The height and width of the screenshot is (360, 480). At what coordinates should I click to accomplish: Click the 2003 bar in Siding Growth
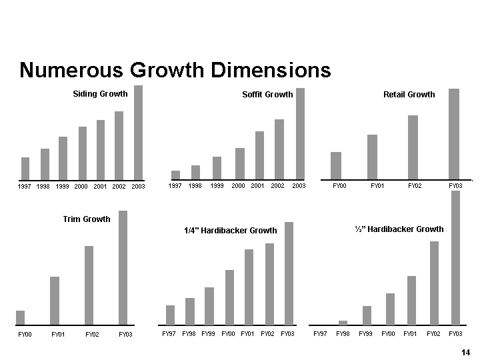(x=138, y=132)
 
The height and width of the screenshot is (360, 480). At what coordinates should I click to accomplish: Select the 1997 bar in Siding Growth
(x=25, y=168)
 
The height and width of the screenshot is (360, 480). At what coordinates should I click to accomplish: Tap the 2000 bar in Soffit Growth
(x=240, y=163)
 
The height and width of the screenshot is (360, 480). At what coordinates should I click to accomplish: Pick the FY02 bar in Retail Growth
(x=413, y=147)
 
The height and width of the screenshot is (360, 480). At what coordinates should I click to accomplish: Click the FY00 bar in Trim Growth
(x=20, y=317)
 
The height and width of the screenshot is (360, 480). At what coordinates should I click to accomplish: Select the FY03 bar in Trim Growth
(x=123, y=267)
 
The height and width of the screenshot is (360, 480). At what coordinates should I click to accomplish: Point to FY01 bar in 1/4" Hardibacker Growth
(x=249, y=287)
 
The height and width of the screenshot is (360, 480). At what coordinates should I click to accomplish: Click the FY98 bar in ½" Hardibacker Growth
(x=343, y=323)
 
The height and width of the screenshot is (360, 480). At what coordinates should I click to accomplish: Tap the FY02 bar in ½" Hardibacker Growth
(x=434, y=283)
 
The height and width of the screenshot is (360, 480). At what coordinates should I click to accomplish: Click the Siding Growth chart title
(x=100, y=94)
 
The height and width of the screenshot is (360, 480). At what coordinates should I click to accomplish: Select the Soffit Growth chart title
(x=267, y=95)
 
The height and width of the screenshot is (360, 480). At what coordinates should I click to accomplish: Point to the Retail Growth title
(x=409, y=95)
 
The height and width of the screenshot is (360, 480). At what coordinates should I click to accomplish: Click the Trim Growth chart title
(x=87, y=219)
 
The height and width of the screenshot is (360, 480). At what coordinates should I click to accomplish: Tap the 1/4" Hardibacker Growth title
(x=230, y=231)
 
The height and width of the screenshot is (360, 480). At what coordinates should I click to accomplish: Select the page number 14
(x=465, y=352)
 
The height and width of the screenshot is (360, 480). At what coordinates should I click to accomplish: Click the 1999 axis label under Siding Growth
(x=63, y=187)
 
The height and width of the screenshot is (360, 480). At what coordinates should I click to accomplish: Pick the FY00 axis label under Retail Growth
(x=339, y=186)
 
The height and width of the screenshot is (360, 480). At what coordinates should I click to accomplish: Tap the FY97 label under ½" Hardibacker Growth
(x=320, y=333)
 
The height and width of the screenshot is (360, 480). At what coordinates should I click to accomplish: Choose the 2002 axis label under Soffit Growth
(x=278, y=186)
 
